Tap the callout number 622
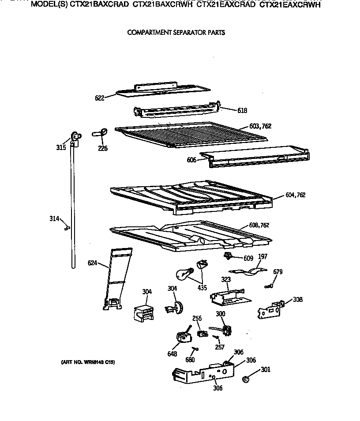point(99,98)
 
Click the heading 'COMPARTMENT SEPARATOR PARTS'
point(176,32)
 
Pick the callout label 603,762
point(260,126)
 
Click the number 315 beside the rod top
point(61,147)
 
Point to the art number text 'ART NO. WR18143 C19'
point(87,362)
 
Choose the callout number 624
point(92,263)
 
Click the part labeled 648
point(184,338)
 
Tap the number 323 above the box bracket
point(225,279)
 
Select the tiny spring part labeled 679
point(268,286)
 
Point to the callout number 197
point(262,256)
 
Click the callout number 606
point(191,160)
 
